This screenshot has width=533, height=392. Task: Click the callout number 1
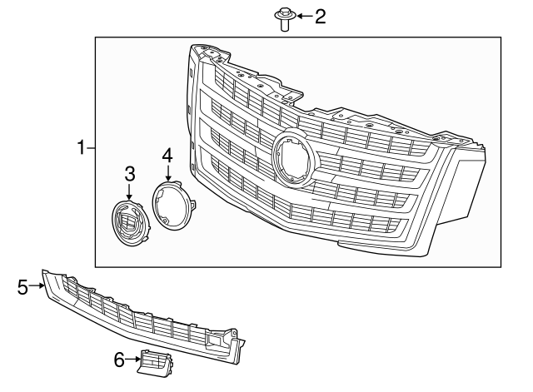81,148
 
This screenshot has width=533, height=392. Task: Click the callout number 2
320,16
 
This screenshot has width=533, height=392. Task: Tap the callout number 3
130,174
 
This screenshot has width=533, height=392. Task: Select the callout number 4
167,155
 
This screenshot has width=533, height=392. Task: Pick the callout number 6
118,360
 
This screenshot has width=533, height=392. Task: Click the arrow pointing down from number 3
130,191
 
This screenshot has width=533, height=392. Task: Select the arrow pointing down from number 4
168,171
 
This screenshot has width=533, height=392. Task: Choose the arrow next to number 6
133,360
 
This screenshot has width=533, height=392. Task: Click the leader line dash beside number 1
92,148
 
